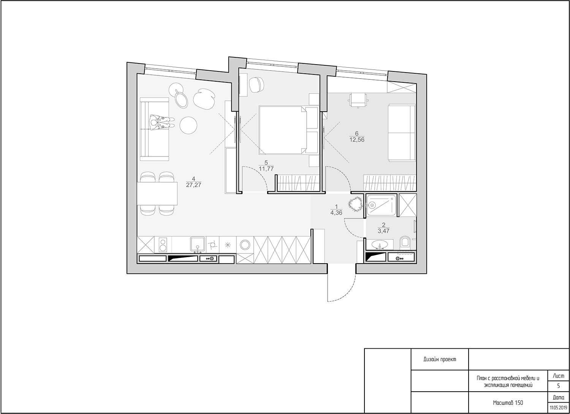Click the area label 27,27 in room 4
coord(194,185)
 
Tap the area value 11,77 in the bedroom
coord(266,168)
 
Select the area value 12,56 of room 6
coord(357,140)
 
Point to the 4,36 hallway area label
coord(336,213)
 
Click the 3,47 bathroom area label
coord(384,231)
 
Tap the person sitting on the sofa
coord(162,123)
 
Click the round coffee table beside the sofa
coord(188,125)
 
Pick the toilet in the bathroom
coord(405,243)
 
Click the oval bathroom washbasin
coord(380,245)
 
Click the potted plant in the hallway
coord(355,204)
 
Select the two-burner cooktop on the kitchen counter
coord(163,245)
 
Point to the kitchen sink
coord(198,245)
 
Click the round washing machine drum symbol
coord(245,245)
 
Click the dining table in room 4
coord(157,193)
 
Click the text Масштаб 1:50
coord(508,403)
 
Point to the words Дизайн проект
coord(440,359)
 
